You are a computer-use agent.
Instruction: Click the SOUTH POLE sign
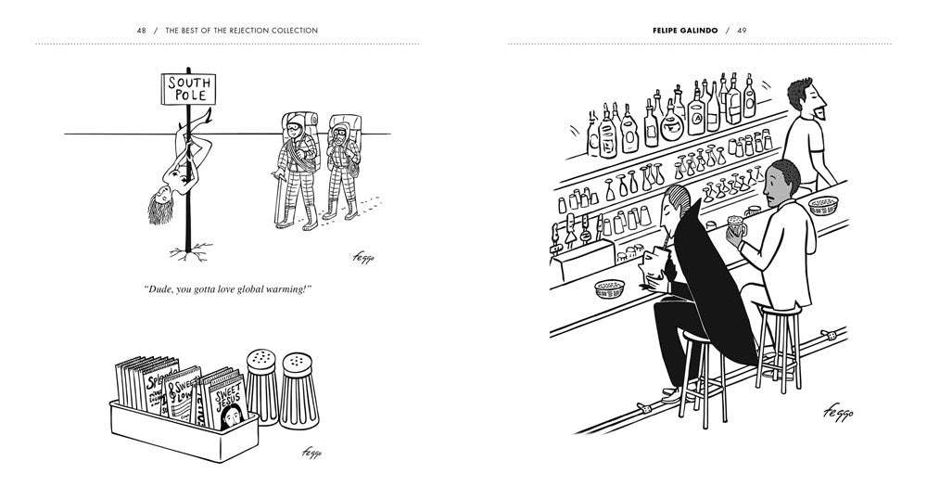click(x=189, y=89)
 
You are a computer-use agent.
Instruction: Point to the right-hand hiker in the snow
click(x=341, y=167)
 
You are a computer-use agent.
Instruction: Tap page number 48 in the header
click(x=142, y=31)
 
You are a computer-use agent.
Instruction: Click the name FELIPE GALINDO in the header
click(x=685, y=31)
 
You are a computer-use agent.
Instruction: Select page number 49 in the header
click(x=742, y=31)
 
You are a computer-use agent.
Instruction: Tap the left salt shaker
click(x=261, y=384)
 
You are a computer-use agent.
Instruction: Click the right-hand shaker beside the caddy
click(x=298, y=387)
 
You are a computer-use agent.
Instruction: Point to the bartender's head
click(x=804, y=98)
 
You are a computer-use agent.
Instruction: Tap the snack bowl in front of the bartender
click(x=824, y=205)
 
